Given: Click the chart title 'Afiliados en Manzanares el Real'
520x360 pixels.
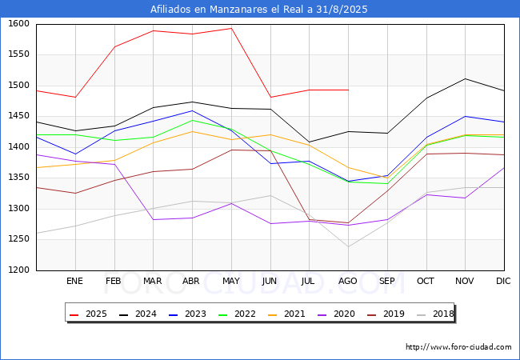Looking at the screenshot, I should (259, 10).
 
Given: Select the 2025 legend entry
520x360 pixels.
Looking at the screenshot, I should (87, 314).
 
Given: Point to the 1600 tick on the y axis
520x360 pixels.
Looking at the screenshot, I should (19, 24).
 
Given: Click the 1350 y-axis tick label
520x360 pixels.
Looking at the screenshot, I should (19, 178).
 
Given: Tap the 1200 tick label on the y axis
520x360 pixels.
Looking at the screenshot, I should (19, 270).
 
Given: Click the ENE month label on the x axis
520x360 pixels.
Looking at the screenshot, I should (74, 282).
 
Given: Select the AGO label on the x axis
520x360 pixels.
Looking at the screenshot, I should (348, 282).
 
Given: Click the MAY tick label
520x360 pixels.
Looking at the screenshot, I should (231, 282).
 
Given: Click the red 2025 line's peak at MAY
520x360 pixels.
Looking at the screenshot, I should (231, 28).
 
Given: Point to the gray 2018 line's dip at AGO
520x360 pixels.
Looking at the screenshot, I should (349, 246).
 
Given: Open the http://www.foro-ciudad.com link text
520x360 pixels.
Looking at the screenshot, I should (458, 347).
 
